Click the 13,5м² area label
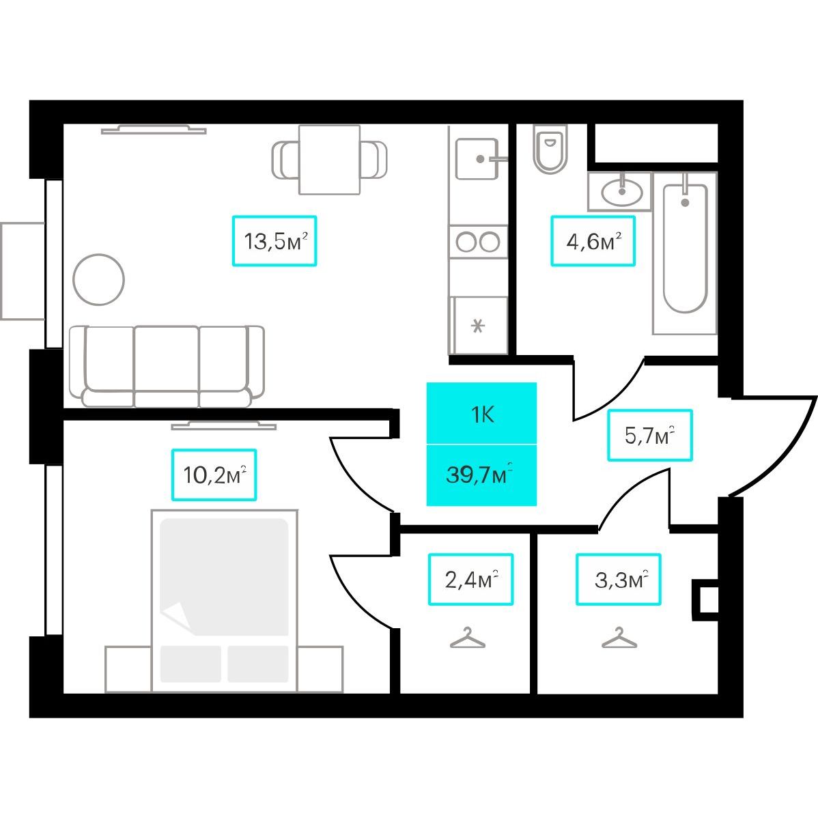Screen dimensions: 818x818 [x=274, y=241]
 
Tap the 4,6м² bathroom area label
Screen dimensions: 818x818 [x=593, y=241]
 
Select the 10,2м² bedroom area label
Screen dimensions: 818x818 [x=214, y=475]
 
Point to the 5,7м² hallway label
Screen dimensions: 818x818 [x=650, y=435]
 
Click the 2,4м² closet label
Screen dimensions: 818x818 [x=470, y=579]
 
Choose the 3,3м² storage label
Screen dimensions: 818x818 [x=619, y=579]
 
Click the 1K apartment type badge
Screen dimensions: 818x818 [x=481, y=414]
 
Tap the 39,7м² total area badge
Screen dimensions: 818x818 [x=481, y=475]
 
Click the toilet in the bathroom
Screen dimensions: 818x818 [x=550, y=149]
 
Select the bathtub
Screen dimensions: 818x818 [x=684, y=253]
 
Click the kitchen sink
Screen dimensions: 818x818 [x=477, y=158]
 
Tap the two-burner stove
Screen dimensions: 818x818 [x=478, y=242]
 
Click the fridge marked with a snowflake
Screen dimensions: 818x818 [x=479, y=326]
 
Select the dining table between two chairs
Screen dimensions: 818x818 [x=329, y=160]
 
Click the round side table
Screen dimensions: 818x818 [x=98, y=280]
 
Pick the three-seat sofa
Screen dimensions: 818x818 [x=167, y=366]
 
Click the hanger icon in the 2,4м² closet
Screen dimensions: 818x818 [x=468, y=638]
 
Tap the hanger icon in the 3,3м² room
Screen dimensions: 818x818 [x=619, y=638]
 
